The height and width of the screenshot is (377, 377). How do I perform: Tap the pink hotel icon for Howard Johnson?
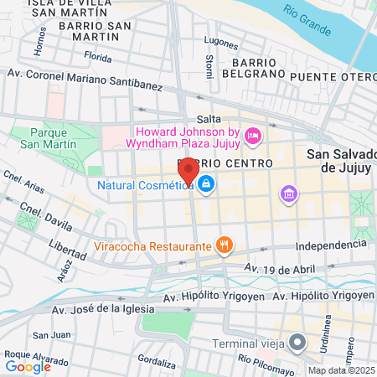pyautogui.click(x=252, y=135)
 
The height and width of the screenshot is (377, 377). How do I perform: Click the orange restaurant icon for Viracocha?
pyautogui.click(x=224, y=246)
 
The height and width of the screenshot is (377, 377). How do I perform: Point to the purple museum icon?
pyautogui.click(x=289, y=194)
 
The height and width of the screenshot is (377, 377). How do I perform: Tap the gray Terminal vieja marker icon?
pyautogui.click(x=297, y=342)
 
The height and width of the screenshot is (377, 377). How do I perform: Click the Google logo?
pyautogui.click(x=28, y=366)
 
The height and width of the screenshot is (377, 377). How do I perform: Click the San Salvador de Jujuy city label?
pyautogui.click(x=341, y=160)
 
